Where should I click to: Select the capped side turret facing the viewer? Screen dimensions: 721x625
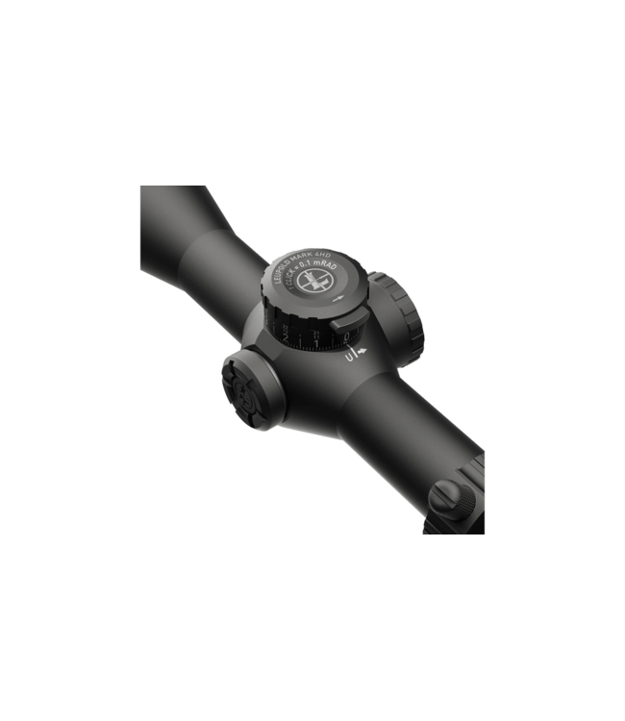249,385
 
